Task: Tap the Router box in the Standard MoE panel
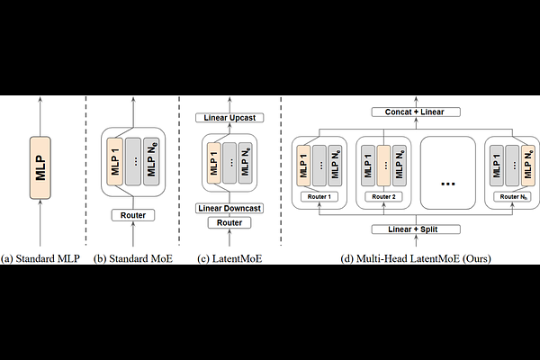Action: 133,215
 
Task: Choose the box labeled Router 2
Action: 382,196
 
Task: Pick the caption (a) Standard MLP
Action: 40,259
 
